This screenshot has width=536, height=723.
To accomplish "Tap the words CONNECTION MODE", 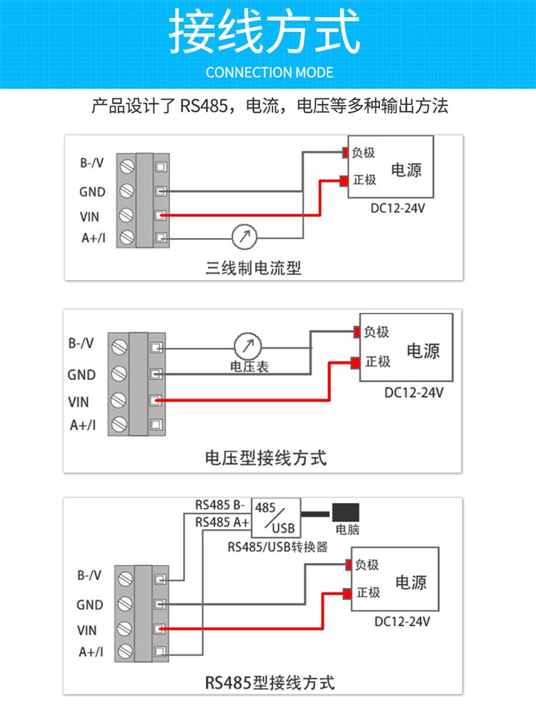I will coord(269,72).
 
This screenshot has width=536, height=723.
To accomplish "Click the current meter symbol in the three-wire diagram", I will coord(244,237).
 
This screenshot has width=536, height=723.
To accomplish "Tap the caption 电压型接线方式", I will coord(265,458).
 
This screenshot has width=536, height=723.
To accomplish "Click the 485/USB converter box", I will coord(276,518).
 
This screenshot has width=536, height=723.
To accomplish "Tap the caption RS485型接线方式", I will coord(269,682).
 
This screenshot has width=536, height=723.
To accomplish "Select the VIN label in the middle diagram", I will coord(79,402).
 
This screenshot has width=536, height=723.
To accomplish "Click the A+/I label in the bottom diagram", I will coord(91,652).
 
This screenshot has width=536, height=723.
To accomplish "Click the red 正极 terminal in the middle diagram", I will coord(355,363).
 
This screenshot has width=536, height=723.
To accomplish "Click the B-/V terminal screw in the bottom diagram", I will coord(126,577).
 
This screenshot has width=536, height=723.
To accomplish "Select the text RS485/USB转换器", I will coord(277,547).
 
